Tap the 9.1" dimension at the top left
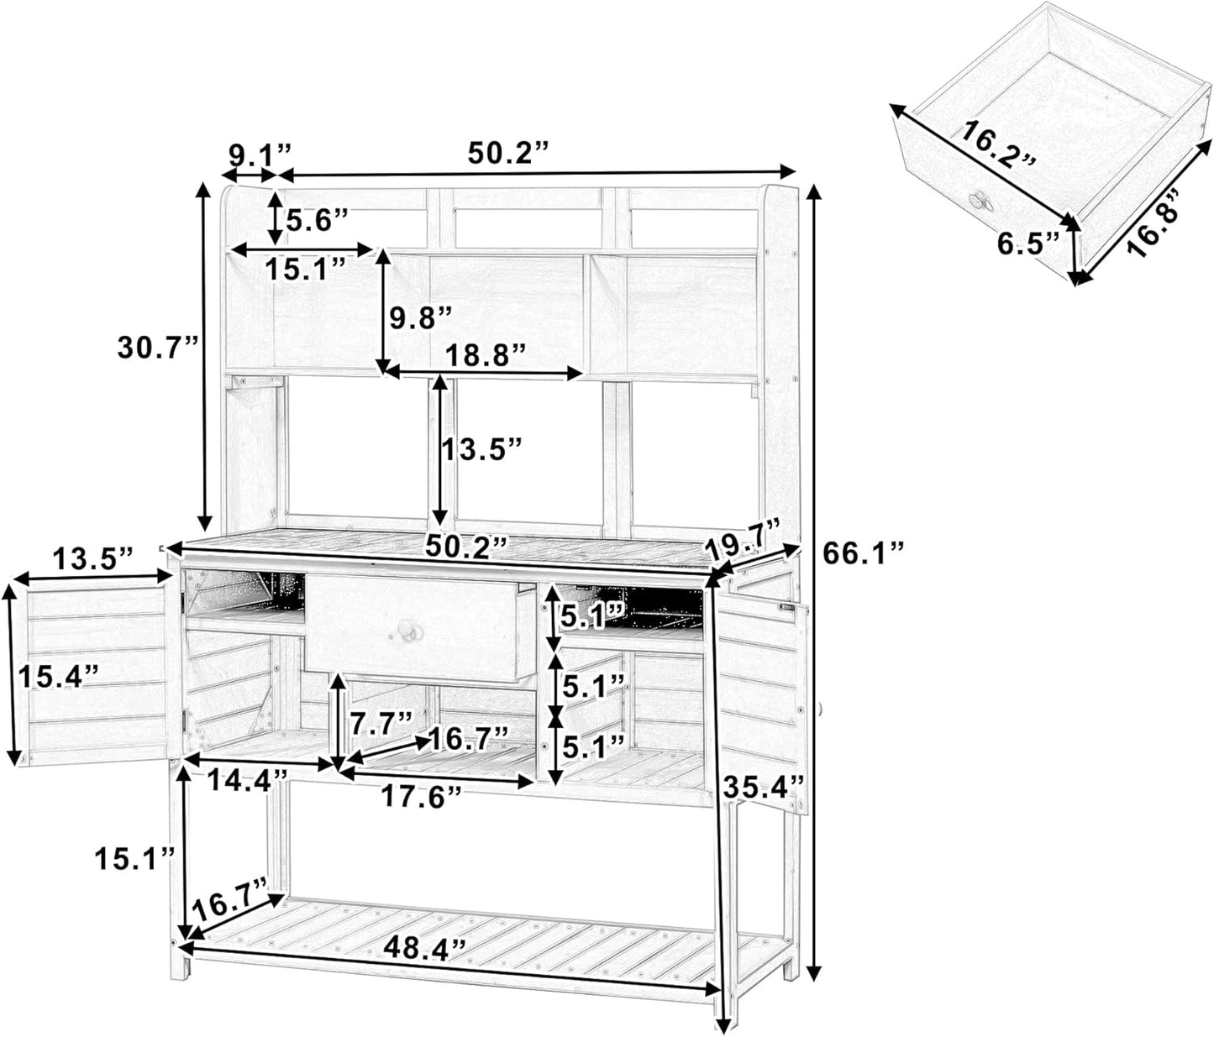point(259,154)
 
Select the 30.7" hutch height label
point(159,347)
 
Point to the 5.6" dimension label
point(317,221)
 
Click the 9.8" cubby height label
point(421,317)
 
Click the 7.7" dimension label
point(382,720)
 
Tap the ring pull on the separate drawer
point(980,200)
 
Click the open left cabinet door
point(97,672)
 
